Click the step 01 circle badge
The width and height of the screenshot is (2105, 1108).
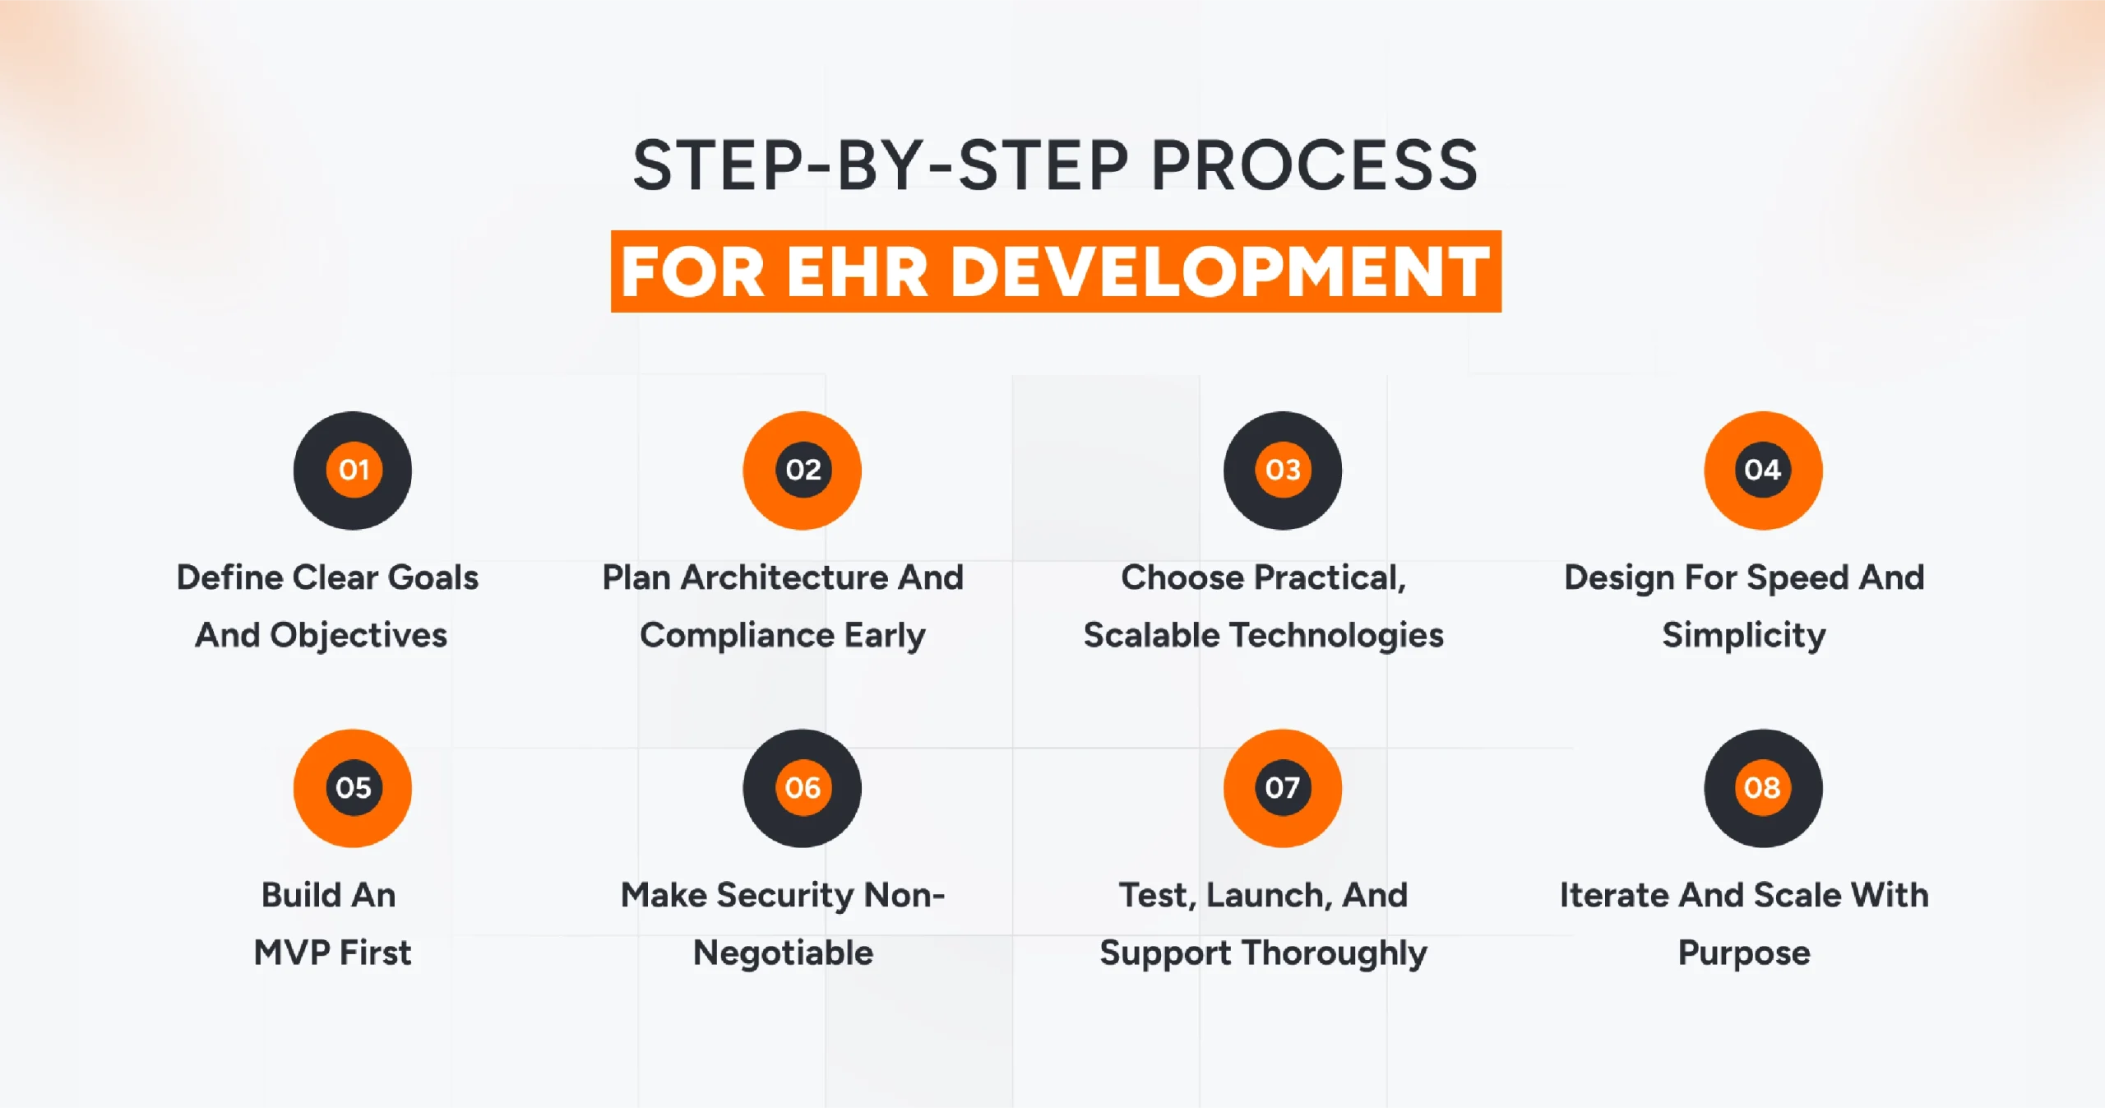353,470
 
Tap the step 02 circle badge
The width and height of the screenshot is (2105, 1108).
803,470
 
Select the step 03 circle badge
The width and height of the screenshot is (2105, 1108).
1283,470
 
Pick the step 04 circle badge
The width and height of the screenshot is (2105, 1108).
1763,470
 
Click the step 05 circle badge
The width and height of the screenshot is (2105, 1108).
353,788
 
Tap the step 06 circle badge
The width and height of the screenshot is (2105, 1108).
803,788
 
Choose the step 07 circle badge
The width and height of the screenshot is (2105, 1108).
1283,788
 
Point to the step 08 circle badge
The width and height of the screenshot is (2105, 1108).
1763,788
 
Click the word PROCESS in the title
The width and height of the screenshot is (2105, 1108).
1314,166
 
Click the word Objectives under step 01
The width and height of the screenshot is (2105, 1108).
359,635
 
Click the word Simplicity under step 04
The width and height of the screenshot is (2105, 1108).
1744,635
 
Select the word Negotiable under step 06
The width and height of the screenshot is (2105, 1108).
783,953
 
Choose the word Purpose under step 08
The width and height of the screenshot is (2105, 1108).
1744,953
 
